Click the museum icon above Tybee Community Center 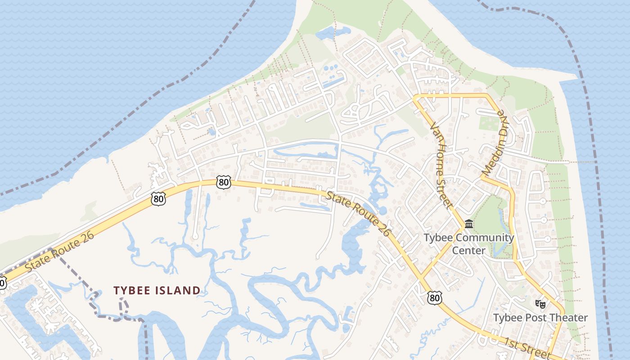[x=469, y=224]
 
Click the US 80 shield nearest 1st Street [x=435, y=297]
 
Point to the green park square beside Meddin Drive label [x=489, y=123]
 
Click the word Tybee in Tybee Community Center [x=437, y=238]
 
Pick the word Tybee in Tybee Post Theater [x=507, y=318]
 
